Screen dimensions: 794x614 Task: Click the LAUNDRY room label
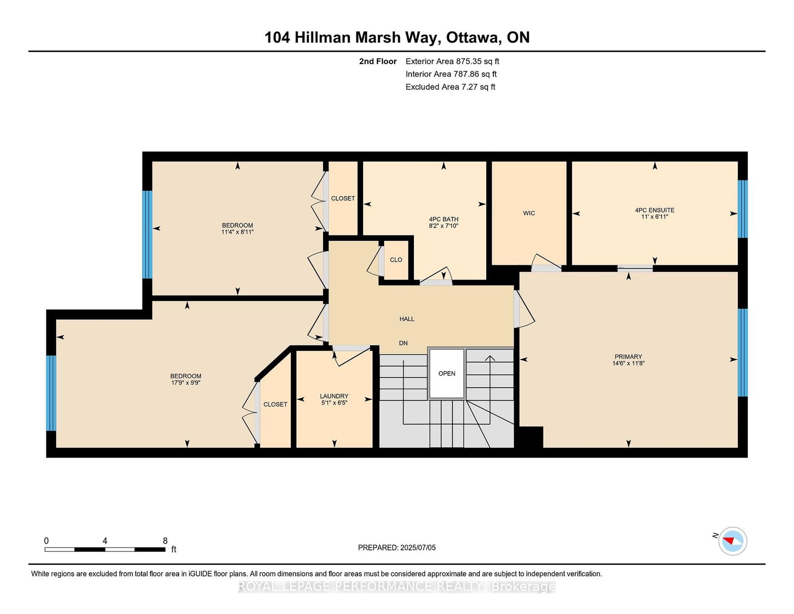coord(334,396)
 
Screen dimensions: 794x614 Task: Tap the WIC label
coord(529,213)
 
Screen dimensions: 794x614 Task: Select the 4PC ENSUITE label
coord(655,210)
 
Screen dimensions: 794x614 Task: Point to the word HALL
coord(407,319)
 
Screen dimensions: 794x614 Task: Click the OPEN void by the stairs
coord(447,374)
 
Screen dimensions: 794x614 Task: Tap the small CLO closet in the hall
coord(396,260)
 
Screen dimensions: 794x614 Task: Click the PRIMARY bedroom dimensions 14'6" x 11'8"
coord(628,363)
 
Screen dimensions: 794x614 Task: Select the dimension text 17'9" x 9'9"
coord(186,383)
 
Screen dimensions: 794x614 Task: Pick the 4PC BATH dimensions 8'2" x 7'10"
coord(444,226)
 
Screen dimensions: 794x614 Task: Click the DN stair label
coord(403,343)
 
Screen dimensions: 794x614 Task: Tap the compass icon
coord(732,541)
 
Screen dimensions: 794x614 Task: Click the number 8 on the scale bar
coord(165,541)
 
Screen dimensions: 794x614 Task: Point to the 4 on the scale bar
coord(105,541)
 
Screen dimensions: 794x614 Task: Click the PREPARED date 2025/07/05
coord(418,547)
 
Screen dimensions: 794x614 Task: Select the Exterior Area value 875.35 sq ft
coord(477,62)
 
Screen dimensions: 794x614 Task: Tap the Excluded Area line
coord(450,87)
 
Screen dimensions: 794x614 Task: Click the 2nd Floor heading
coord(378,62)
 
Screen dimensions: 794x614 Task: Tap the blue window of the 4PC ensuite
coord(742,209)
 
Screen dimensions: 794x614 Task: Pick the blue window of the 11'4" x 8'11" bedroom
coord(147,235)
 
